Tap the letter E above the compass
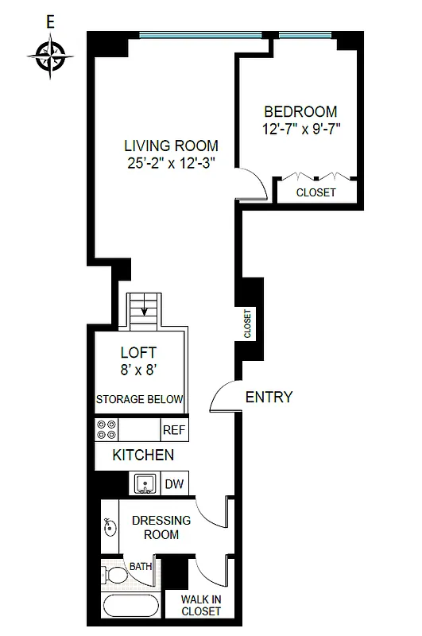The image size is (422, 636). (51, 23)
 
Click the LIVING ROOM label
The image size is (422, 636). (170, 145)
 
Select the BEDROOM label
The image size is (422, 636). (300, 112)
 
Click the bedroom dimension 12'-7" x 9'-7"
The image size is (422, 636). (300, 128)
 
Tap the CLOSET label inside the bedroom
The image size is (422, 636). (316, 192)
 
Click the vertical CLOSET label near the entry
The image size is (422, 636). (248, 324)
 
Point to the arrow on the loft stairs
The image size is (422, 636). (144, 311)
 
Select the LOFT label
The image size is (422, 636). (138, 352)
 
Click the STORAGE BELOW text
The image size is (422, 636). (139, 399)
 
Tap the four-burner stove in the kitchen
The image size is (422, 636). (106, 430)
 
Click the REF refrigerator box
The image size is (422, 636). (173, 430)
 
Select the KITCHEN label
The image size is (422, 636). (143, 456)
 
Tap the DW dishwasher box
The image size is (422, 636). (173, 483)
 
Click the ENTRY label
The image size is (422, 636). (269, 397)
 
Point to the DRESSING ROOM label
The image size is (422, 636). (161, 527)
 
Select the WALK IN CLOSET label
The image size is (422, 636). (200, 605)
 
